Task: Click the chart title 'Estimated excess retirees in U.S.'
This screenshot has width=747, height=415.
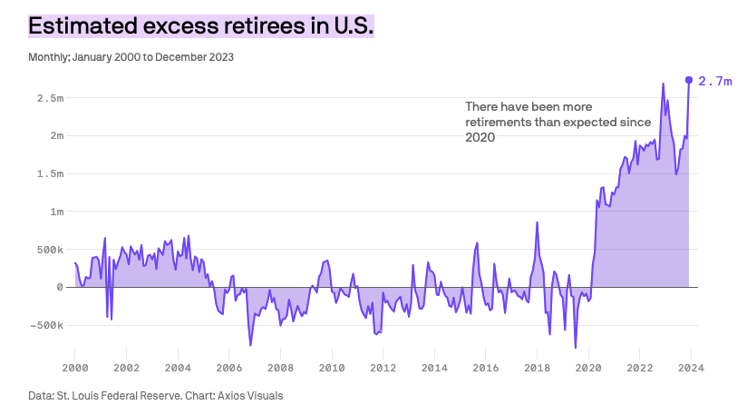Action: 200,25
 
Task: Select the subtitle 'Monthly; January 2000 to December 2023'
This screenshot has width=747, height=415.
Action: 131,56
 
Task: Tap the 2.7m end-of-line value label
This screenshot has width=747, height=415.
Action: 714,81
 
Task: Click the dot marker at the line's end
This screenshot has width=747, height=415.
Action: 689,80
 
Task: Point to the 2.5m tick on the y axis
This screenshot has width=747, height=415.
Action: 45,97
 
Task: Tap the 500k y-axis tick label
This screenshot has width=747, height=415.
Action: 45,249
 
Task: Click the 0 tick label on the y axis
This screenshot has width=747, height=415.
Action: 59,287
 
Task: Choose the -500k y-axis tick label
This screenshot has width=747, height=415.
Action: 43,325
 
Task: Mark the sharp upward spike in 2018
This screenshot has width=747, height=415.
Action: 537,223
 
